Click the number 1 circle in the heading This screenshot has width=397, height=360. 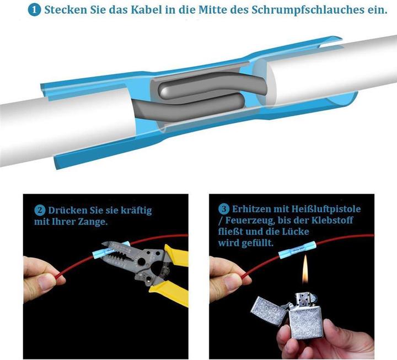[x=35, y=10]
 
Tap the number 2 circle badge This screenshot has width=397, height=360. [x=40, y=210]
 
